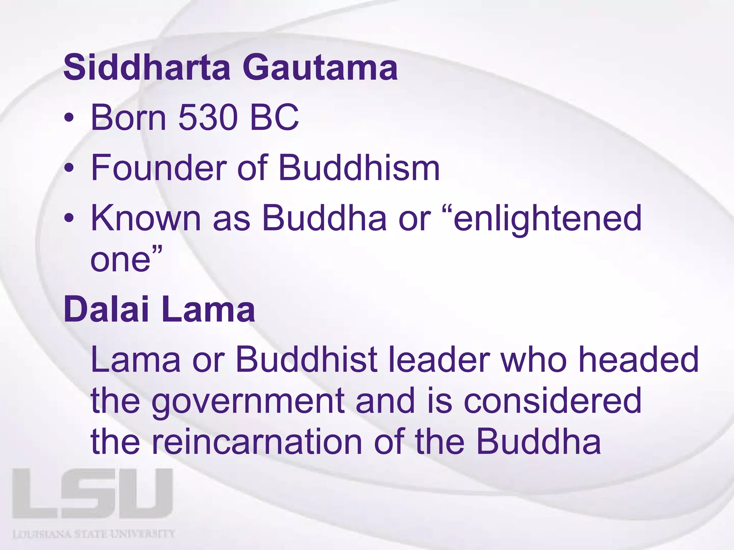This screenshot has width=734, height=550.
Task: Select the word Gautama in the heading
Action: coord(320,67)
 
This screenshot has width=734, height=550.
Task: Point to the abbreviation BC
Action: coord(274,117)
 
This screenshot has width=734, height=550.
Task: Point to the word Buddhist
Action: coord(306,360)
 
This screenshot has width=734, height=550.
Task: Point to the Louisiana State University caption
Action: coord(94,534)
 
